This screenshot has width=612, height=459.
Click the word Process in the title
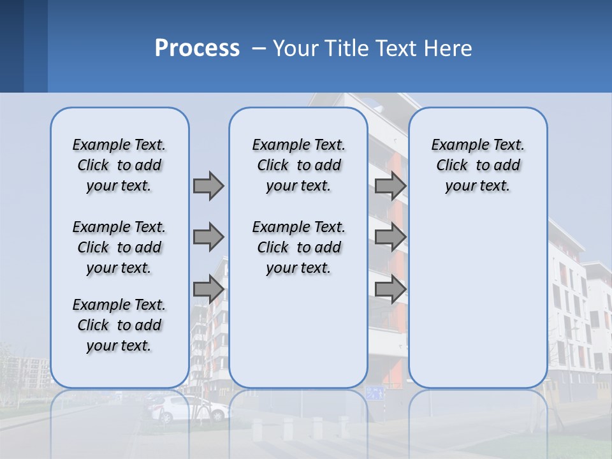[197, 48]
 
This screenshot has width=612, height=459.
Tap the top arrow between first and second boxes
[208, 186]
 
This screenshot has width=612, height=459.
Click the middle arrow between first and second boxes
[208, 237]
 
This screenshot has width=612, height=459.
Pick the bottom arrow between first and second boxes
[208, 289]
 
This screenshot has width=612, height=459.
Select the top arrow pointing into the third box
[390, 186]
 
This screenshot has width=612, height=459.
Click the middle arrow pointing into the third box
[390, 237]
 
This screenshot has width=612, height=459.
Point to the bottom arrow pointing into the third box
[390, 289]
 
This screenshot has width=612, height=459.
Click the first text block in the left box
[119, 165]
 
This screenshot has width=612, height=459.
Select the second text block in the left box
[119, 247]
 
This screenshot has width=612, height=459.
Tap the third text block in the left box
[119, 325]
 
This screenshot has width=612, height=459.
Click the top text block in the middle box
[298, 165]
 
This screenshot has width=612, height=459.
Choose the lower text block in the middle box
[298, 247]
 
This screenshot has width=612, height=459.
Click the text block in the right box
[477, 165]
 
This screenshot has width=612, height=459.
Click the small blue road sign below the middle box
[375, 393]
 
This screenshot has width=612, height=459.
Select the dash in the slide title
[259, 49]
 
